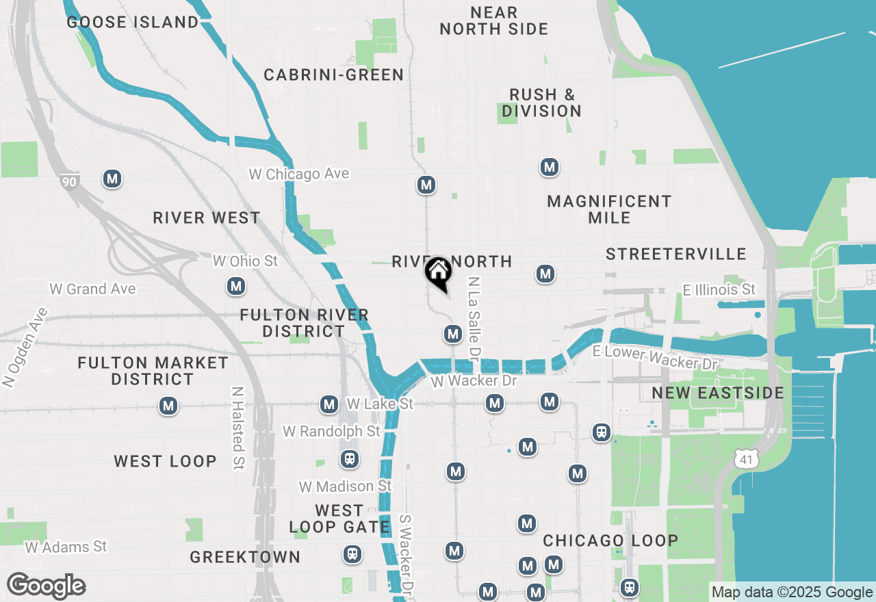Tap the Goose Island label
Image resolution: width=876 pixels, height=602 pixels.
click(x=133, y=22)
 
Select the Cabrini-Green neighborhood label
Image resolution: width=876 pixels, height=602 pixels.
click(x=334, y=75)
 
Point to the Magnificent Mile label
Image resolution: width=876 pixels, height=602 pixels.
click(x=609, y=209)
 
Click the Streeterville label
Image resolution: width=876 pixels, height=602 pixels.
click(x=676, y=254)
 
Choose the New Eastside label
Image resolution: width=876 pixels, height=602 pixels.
click(x=718, y=393)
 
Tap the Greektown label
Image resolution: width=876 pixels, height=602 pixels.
click(x=245, y=557)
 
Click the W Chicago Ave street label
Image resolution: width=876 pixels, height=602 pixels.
click(x=299, y=174)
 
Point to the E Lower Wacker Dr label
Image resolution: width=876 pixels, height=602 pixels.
click(x=656, y=358)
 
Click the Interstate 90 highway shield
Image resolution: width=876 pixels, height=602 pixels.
click(x=68, y=181)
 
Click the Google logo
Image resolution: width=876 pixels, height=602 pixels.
click(x=46, y=586)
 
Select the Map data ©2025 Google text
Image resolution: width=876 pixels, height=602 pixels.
click(x=792, y=592)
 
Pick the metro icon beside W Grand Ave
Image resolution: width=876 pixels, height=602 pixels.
click(x=236, y=286)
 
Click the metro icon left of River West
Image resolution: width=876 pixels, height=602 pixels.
click(x=112, y=179)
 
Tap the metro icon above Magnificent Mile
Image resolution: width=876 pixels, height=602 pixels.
click(x=549, y=167)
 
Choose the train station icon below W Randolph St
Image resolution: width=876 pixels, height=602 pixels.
click(x=350, y=458)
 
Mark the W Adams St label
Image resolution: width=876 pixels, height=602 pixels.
click(x=66, y=547)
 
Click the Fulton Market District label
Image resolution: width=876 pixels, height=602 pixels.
click(x=153, y=370)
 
